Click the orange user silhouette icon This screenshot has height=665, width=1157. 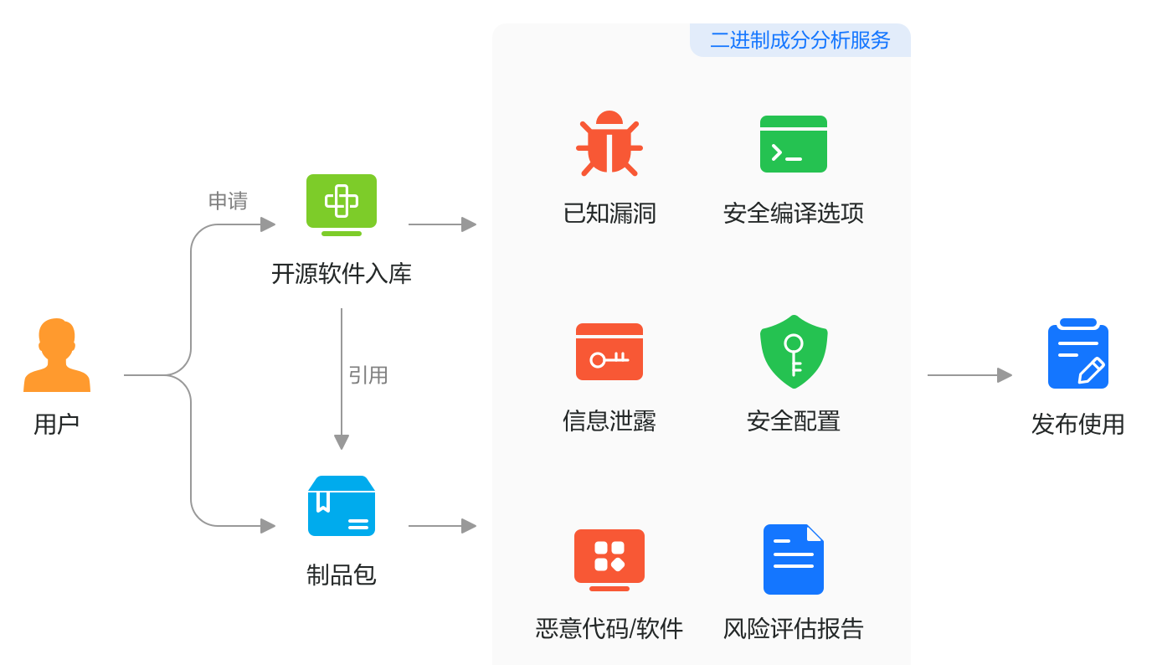click(x=57, y=355)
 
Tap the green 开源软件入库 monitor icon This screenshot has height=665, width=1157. click(x=342, y=204)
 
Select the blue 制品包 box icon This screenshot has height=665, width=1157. click(x=342, y=506)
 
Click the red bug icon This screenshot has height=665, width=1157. click(x=609, y=143)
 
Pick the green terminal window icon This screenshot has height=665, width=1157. click(x=794, y=144)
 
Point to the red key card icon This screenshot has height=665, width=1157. click(x=609, y=352)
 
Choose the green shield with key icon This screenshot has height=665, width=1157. click(x=794, y=352)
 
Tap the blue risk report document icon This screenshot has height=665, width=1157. click(x=794, y=559)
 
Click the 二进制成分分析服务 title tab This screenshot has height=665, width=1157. click(x=800, y=40)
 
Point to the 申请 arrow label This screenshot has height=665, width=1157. click(x=228, y=201)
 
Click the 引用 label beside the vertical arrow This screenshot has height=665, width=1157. click(x=368, y=375)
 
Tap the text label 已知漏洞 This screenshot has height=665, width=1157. click(x=609, y=214)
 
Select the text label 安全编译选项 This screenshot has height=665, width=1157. click(x=794, y=214)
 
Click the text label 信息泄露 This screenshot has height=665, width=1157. click(x=609, y=421)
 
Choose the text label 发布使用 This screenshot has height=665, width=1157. click(x=1078, y=425)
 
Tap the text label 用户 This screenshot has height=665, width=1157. click(x=57, y=425)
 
